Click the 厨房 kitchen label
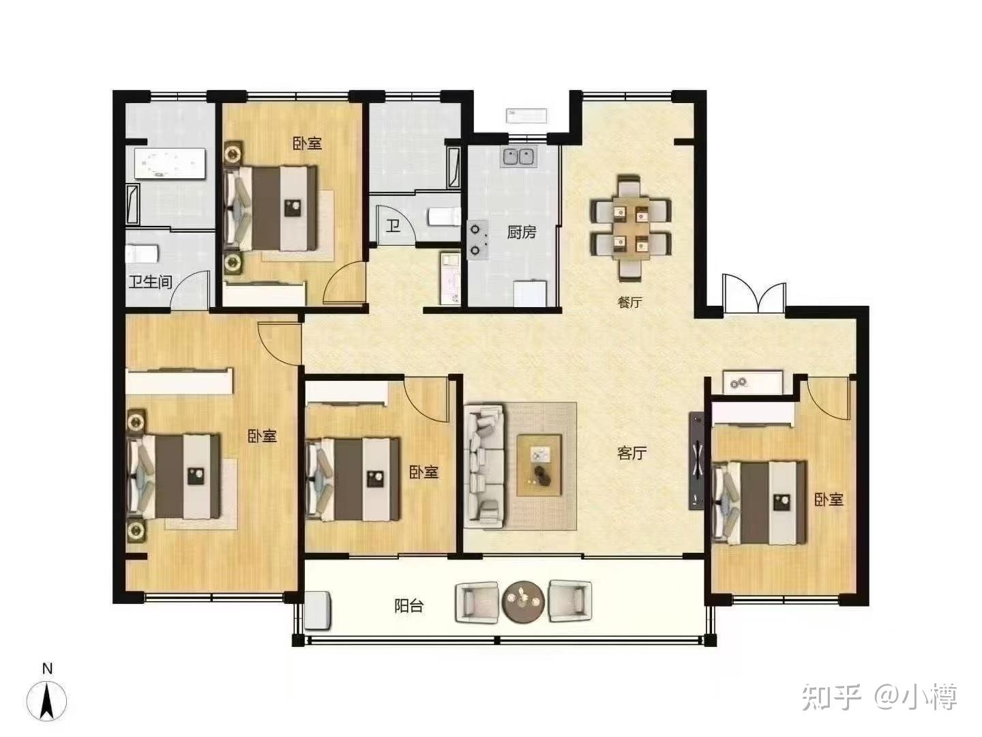tap(521, 232)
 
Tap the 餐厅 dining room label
tap(629, 302)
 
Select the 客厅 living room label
tap(631, 453)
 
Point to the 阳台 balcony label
tap(409, 607)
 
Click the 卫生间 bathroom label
tap(150, 282)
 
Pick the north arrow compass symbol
tap(46, 699)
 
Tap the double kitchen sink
tap(519, 157)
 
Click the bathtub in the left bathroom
tap(170, 164)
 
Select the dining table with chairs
tap(631, 228)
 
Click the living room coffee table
tap(539, 465)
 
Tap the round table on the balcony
tap(524, 601)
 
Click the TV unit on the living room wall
tap(696, 460)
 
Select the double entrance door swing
tap(754, 293)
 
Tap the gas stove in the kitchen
tap(478, 240)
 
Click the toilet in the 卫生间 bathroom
tap(143, 254)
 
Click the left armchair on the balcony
tap(477, 602)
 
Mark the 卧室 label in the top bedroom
tap(308, 143)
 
